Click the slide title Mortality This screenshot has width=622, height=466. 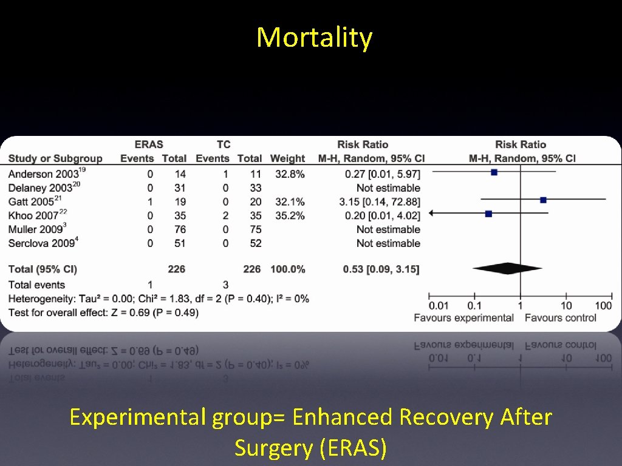click(314, 38)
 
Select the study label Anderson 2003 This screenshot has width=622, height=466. click(43, 174)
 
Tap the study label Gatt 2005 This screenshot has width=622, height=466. click(36, 201)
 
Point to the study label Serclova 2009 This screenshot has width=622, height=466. click(41, 243)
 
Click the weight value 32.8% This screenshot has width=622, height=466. click(287, 174)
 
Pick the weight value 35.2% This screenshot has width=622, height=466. click(287, 215)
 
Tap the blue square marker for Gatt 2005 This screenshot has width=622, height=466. click(543, 200)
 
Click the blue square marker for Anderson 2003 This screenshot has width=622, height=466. click(494, 172)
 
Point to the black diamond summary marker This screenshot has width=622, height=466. click(507, 268)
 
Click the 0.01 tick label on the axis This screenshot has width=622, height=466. click(439, 305)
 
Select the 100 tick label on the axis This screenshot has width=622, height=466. click(603, 305)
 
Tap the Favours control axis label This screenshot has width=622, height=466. click(560, 317)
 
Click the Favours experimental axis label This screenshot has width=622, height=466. click(463, 317)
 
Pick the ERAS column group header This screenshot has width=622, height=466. click(149, 144)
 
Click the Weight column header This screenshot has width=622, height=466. click(287, 159)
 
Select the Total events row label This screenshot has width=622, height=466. click(36, 285)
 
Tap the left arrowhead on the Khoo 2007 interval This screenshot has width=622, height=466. click(431, 213)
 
